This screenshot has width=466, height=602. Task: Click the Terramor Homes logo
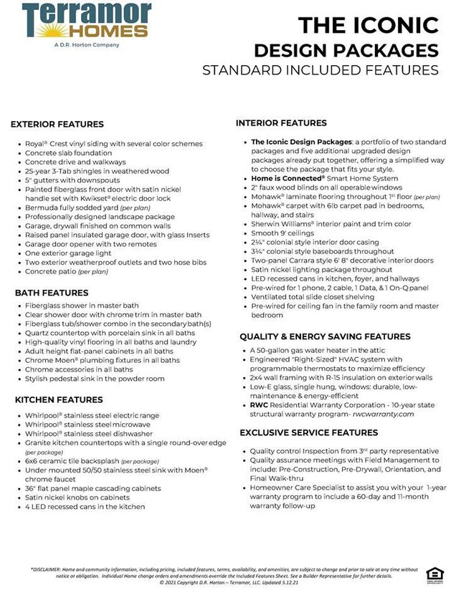pyautogui.click(x=86, y=22)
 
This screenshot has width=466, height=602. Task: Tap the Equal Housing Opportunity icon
pyautogui.click(x=434, y=574)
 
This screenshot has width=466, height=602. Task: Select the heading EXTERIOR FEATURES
pyautogui.click(x=57, y=125)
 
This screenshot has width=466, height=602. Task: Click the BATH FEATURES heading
pyautogui.click(x=52, y=293)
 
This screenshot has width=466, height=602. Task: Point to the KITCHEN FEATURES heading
pyautogui.click(x=59, y=399)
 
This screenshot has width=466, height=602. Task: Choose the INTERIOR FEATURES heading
pyautogui.click(x=281, y=123)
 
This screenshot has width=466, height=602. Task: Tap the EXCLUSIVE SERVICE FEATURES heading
pyautogui.click(x=308, y=432)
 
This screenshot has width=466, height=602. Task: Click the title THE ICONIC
pyautogui.click(x=368, y=26)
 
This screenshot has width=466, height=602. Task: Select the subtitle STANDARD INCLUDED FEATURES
pyautogui.click(x=320, y=70)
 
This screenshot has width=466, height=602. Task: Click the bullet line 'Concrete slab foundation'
pyautogui.click(x=68, y=152)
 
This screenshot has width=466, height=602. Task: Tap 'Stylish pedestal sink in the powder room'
pyautogui.click(x=95, y=379)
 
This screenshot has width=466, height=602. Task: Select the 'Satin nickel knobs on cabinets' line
pyautogui.click(x=78, y=497)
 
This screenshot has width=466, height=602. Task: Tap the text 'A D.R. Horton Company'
pyautogui.click(x=87, y=44)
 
